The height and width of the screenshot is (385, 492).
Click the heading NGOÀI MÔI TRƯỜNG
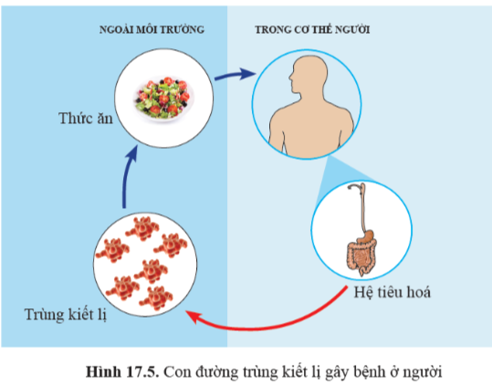point(152,29)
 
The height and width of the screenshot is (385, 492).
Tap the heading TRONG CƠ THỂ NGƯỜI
point(312,29)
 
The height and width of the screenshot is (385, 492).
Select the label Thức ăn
point(86,119)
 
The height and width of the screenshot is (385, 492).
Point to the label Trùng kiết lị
point(66,314)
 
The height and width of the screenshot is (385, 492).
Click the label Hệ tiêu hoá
point(393,292)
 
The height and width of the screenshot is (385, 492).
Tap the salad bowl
point(164,99)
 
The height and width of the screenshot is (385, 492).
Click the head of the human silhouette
point(309,74)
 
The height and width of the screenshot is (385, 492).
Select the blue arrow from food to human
point(235,75)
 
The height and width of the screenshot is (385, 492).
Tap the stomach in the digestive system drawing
point(366,235)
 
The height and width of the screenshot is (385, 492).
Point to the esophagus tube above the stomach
point(363,207)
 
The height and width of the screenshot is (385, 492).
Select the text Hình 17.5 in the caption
point(122,372)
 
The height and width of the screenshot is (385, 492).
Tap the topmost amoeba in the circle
point(142,228)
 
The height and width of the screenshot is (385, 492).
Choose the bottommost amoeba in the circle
point(156,298)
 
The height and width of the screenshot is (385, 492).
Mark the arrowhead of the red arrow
point(192,317)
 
